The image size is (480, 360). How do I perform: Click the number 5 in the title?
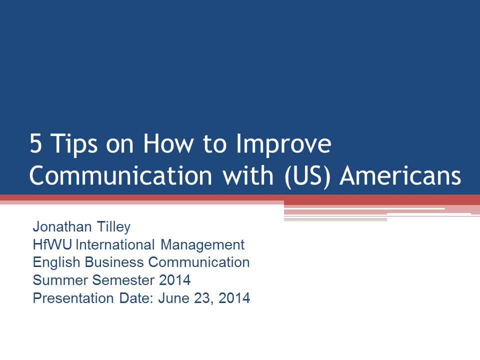(35, 143)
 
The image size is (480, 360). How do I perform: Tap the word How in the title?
(168, 143)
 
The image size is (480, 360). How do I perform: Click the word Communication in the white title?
(121, 175)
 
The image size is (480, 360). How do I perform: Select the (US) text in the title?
(307, 176)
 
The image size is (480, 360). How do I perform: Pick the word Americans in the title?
(400, 175)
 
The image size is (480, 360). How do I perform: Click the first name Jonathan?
(62, 227)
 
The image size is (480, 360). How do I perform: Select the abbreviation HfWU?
(52, 244)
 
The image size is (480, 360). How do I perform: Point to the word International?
(115, 244)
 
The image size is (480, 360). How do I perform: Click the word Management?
(202, 245)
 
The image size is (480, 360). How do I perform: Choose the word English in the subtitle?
(56, 263)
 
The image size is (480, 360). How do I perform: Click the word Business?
(114, 262)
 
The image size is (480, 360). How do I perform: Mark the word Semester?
(123, 280)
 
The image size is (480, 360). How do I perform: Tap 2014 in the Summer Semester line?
(175, 280)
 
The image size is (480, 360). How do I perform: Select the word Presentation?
(73, 298)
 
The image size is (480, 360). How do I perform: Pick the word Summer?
(60, 280)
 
